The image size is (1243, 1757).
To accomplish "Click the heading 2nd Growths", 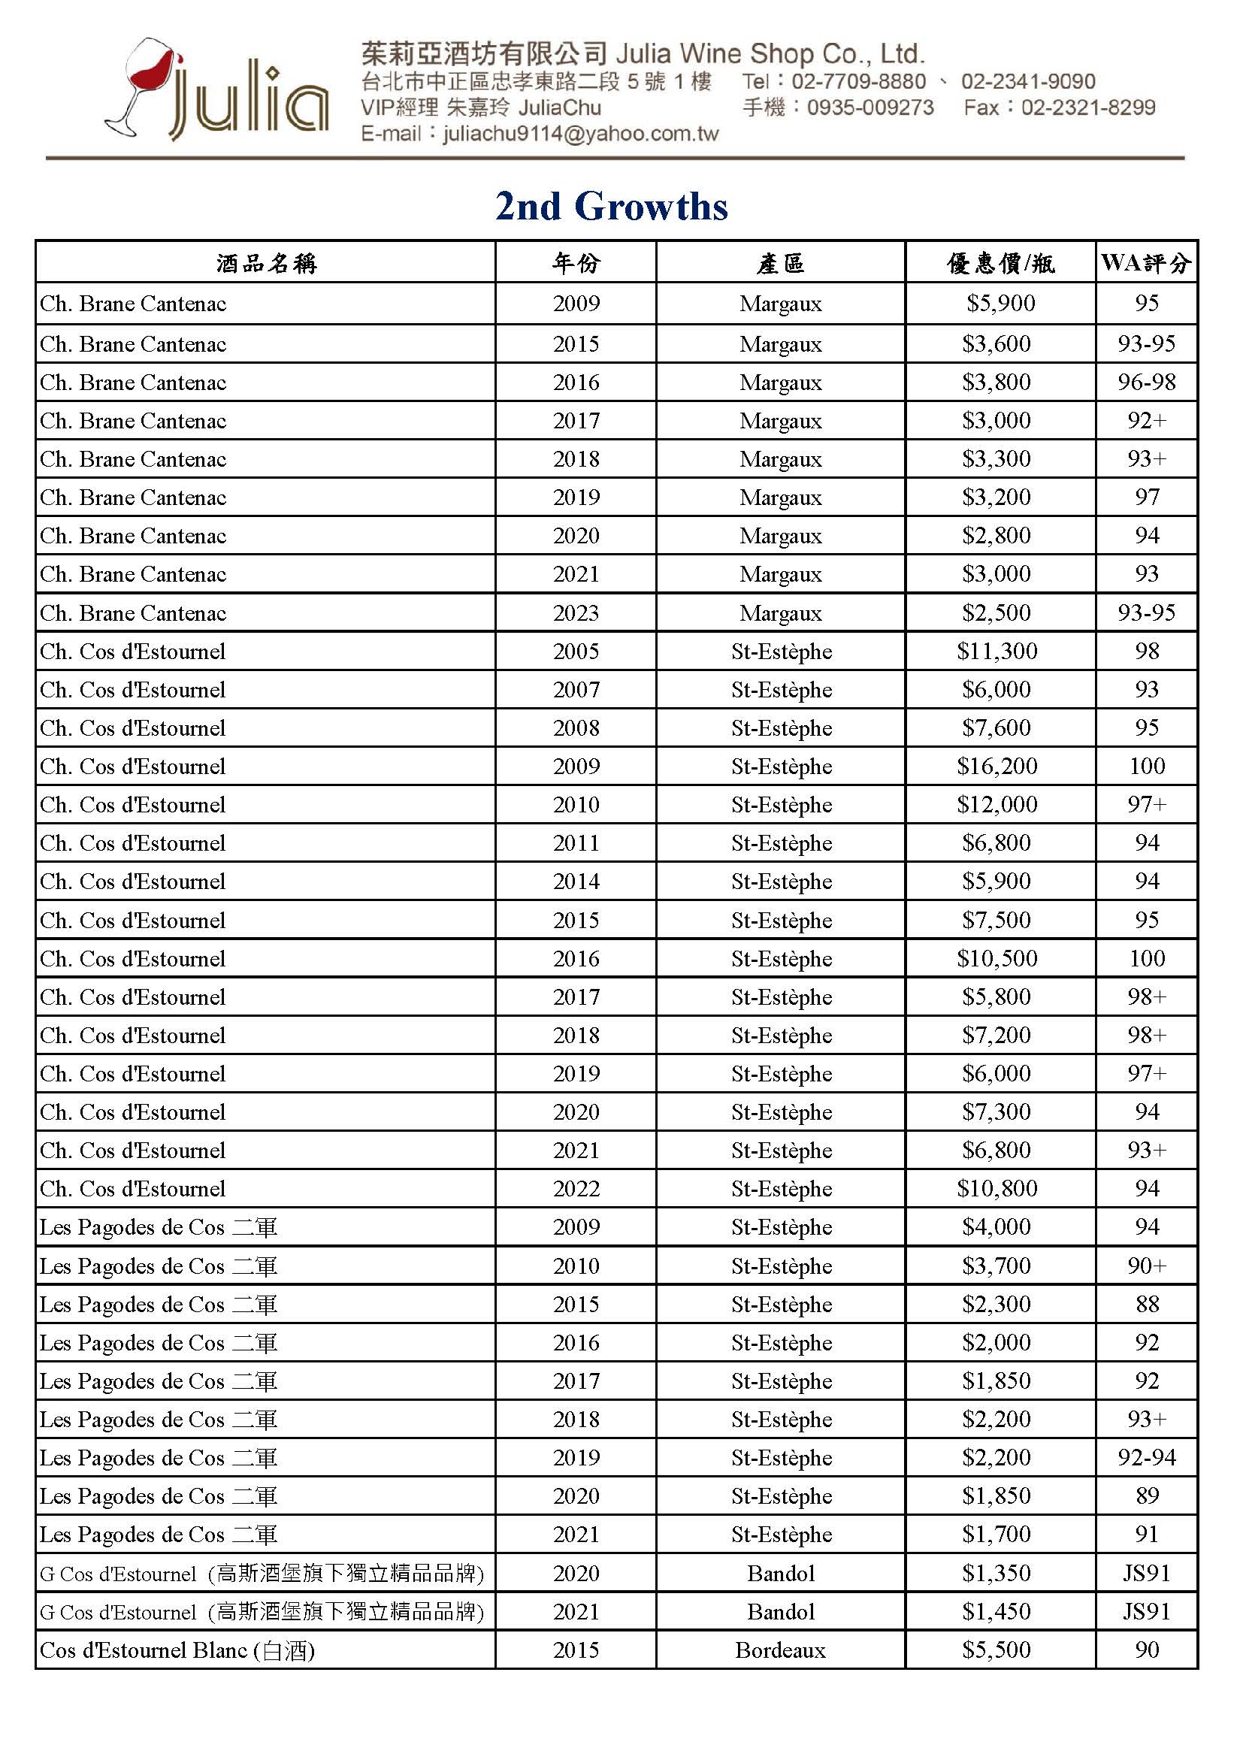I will pyautogui.click(x=611, y=207).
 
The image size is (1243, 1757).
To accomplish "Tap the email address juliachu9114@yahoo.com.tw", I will pyautogui.click(x=580, y=134).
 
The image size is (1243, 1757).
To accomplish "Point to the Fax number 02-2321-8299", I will pyautogui.click(x=1087, y=107).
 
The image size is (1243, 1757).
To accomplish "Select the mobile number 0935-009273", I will pyautogui.click(x=870, y=107).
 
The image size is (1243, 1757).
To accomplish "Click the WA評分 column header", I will pyautogui.click(x=1146, y=263).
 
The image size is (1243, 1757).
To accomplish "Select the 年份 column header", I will pyautogui.click(x=576, y=263).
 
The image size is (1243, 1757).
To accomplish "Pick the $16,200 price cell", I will pyautogui.click(x=997, y=766).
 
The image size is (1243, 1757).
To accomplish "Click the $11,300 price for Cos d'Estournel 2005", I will pyautogui.click(x=997, y=652).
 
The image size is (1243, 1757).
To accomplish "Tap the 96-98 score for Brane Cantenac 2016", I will pyautogui.click(x=1146, y=382).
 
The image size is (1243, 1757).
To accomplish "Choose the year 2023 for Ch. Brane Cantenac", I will pyautogui.click(x=576, y=613).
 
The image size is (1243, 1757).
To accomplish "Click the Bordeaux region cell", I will pyautogui.click(x=780, y=1650).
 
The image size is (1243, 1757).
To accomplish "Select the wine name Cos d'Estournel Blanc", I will pyautogui.click(x=177, y=1650).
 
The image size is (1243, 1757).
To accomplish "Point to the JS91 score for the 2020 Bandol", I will pyautogui.click(x=1146, y=1574).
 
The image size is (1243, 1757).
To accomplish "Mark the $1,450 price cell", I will pyautogui.click(x=997, y=1612).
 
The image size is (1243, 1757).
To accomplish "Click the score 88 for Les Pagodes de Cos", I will pyautogui.click(x=1147, y=1304).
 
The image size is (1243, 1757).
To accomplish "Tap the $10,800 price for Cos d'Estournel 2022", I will pyautogui.click(x=997, y=1188).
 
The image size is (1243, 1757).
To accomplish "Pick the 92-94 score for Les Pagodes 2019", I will pyautogui.click(x=1146, y=1457).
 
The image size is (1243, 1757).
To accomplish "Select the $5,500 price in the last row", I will pyautogui.click(x=997, y=1650).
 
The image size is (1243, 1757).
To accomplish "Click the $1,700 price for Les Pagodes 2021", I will pyautogui.click(x=997, y=1534).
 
